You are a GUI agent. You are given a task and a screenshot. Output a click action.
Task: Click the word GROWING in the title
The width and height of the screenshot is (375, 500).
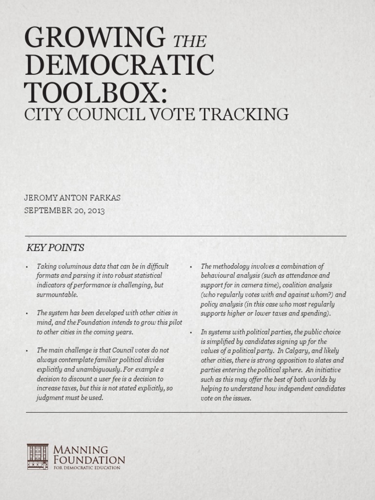pos(95,38)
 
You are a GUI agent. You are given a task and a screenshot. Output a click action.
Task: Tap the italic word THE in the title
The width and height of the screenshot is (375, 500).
pos(190,42)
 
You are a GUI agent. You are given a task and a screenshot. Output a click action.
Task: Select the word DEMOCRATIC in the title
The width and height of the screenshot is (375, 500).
pos(119,65)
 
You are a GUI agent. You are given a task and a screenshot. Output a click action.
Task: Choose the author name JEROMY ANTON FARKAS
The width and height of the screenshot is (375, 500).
pos(72,198)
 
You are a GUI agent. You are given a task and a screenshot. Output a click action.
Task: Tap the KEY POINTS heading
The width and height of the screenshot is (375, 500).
pos(55,248)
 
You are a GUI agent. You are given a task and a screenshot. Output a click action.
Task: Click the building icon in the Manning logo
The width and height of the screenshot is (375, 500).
pos(38,457)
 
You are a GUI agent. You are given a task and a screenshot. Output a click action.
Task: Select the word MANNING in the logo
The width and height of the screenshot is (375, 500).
pos(81,450)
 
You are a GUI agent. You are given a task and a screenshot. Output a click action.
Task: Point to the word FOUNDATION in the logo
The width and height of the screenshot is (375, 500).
pos(89,460)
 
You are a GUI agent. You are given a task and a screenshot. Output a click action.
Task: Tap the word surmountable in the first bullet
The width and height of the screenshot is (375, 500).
pos(57,294)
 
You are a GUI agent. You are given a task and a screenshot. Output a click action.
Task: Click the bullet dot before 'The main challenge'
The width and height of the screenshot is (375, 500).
pos(27,351)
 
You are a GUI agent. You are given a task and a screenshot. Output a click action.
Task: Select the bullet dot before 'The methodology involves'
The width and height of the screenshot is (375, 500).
pos(191,267)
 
